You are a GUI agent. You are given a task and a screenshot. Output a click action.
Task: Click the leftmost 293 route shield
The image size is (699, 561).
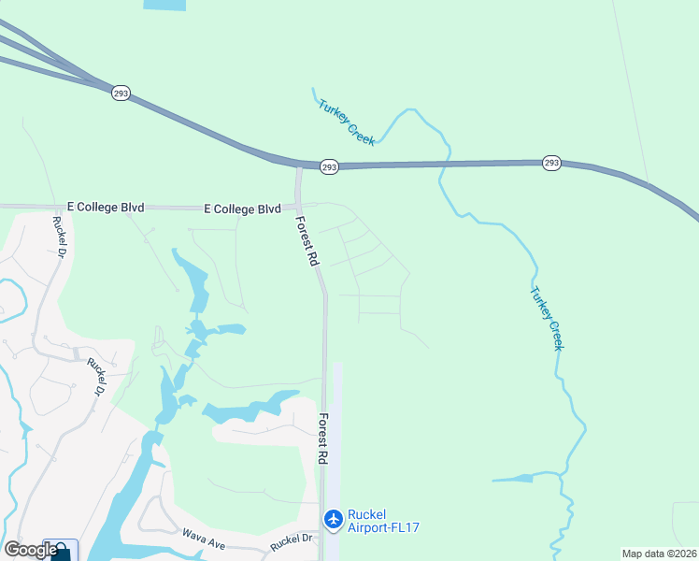pyautogui.click(x=121, y=93)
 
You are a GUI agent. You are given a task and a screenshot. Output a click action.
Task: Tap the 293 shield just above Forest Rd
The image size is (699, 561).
pyautogui.click(x=328, y=166)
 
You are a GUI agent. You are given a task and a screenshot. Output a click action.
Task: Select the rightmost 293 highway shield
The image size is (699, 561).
pyautogui.click(x=551, y=163)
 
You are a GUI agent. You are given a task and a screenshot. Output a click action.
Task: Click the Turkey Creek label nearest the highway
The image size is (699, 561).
pyautogui.click(x=346, y=122)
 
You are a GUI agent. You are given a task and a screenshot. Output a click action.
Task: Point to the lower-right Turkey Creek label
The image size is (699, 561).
pyautogui.click(x=548, y=318)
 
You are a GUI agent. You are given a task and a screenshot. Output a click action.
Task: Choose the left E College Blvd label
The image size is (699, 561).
pyautogui.click(x=106, y=207)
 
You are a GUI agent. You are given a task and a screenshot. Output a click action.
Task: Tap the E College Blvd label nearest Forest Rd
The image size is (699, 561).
pyautogui.click(x=243, y=209)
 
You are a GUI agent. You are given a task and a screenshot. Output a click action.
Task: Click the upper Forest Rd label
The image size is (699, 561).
pyautogui.click(x=307, y=242)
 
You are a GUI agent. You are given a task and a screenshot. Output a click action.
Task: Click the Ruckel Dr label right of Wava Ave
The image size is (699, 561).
pyautogui.click(x=292, y=539)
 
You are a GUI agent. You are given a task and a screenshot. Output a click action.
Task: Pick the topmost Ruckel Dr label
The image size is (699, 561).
pyautogui.click(x=60, y=237)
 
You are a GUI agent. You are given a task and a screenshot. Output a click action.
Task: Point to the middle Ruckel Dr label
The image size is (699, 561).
pyautogui.click(x=97, y=377)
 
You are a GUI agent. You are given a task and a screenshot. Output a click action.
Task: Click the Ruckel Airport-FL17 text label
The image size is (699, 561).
pyautogui.click(x=383, y=521)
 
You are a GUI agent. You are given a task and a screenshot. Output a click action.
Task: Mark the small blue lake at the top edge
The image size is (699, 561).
pyautogui.click(x=165, y=5)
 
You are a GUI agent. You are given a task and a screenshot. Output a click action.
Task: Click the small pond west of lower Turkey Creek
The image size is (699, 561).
pyautogui.click(x=515, y=479)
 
